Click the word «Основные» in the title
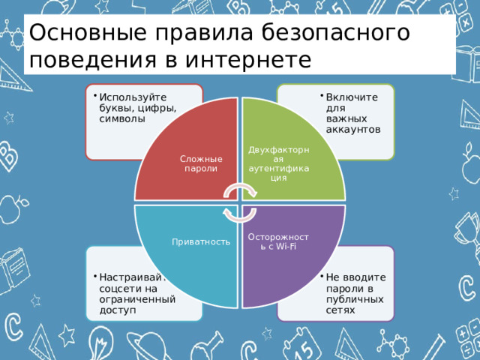pyautogui.click(x=88, y=32)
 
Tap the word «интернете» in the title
pyautogui.click(x=248, y=59)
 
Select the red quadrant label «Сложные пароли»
pyautogui.click(x=201, y=163)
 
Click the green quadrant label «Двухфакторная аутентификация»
pyautogui.click(x=278, y=163)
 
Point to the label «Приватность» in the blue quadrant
pyautogui.click(x=201, y=241)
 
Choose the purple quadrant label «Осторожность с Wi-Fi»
pyautogui.click(x=278, y=241)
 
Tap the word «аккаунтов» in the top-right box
pyautogui.click(x=353, y=130)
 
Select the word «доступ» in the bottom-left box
pyautogui.click(x=118, y=310)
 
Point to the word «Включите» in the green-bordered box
pyautogui.click(x=352, y=97)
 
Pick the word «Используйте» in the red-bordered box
pyautogui.click(x=133, y=97)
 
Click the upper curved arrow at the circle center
pyautogui.click(x=240, y=191)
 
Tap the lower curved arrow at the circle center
pyautogui.click(x=240, y=215)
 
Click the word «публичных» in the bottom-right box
pyautogui.click(x=355, y=299)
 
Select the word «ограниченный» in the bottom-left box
pyautogui.click(x=137, y=299)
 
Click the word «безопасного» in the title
pyautogui.click(x=335, y=32)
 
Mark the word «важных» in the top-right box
pyautogui.click(x=346, y=119)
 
